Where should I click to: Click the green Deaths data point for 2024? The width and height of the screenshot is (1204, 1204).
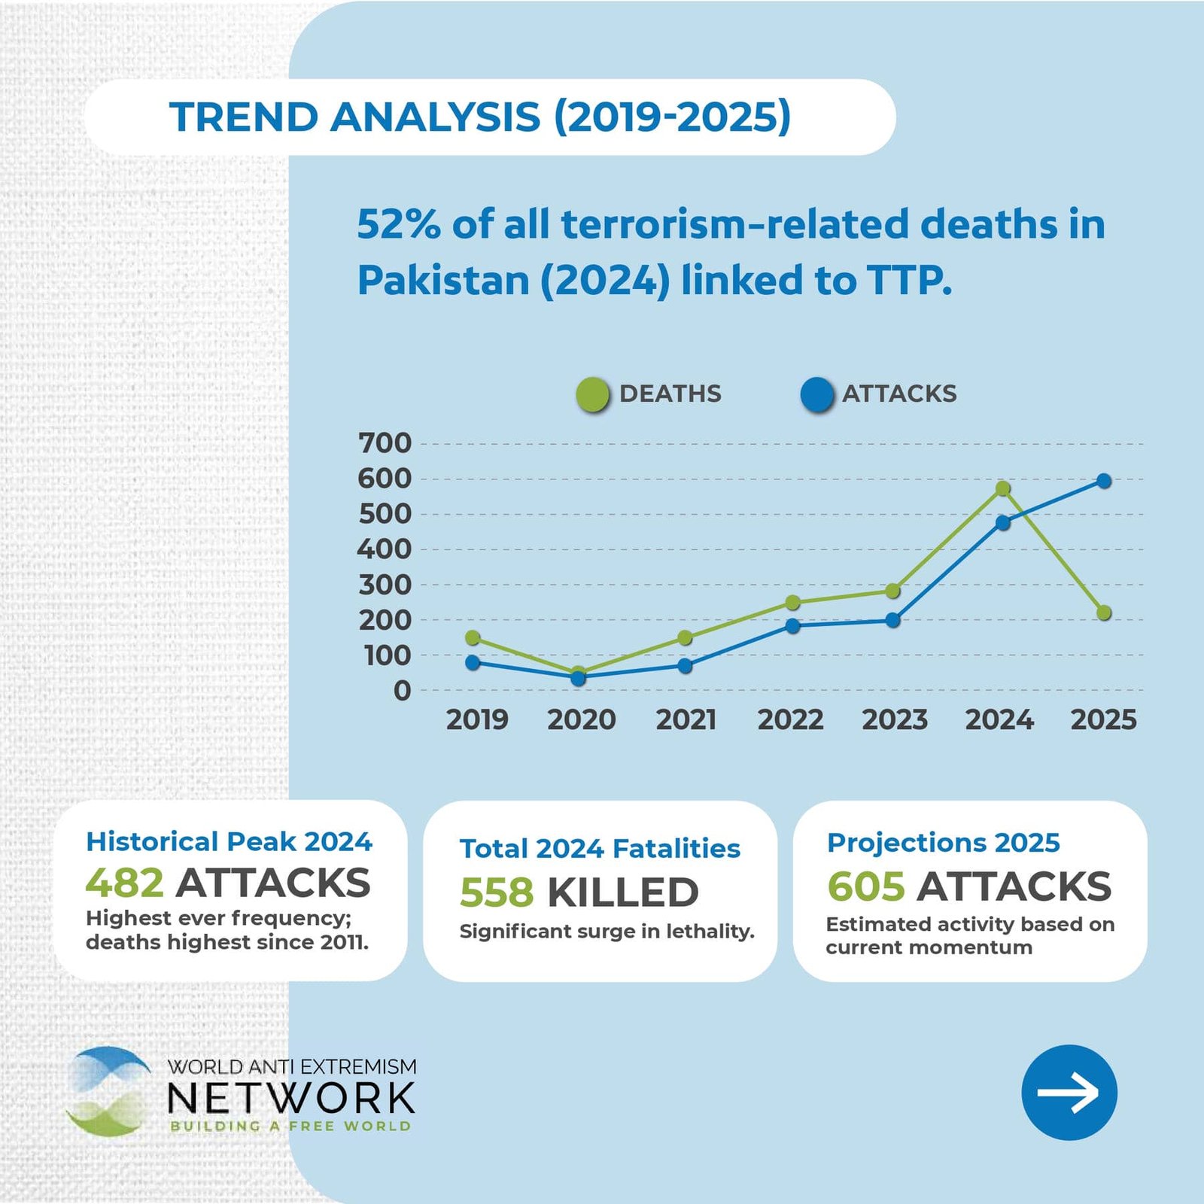1002,489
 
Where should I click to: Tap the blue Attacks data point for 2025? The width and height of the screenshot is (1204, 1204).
1104,481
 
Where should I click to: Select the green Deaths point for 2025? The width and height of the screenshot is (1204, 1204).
1104,613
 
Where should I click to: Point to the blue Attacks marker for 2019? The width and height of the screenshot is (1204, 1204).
473,662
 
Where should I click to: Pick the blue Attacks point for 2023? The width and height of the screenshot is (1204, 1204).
892,620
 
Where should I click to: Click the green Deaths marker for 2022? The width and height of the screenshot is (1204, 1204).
792,603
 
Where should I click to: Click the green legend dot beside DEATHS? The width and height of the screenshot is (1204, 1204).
592,395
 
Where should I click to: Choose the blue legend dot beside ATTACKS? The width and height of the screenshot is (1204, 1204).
817,395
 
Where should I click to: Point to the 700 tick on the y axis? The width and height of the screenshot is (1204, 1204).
385,443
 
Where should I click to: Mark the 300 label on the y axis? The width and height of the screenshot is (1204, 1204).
385,585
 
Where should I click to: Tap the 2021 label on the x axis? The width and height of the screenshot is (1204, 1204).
686,720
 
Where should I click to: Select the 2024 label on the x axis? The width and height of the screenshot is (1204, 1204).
999,720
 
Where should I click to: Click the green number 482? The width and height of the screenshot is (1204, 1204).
124,883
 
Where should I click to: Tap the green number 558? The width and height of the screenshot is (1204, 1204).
497,892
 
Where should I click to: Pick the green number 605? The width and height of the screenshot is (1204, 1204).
865,886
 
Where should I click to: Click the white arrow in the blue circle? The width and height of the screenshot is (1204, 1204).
1069,1093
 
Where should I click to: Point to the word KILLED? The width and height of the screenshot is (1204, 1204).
623,892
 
